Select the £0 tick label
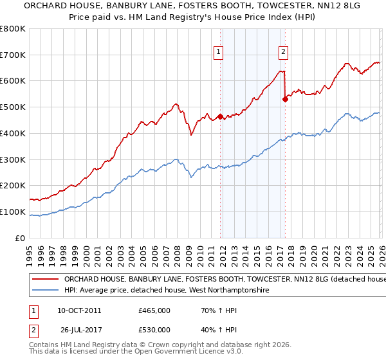point(19,238)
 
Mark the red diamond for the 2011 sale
point(220,116)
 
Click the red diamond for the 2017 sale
point(285,100)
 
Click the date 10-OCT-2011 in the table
point(78,310)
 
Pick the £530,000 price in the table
point(154,330)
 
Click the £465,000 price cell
point(154,310)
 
